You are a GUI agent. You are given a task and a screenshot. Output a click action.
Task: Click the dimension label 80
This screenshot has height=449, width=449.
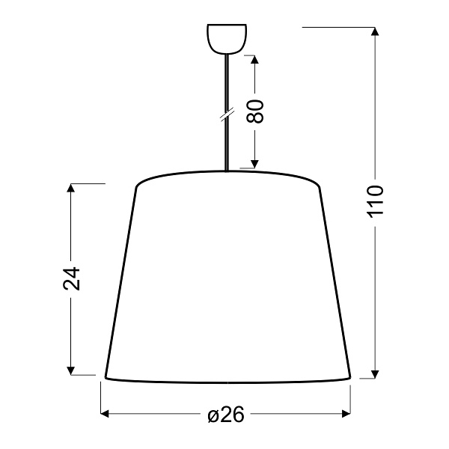[256, 112]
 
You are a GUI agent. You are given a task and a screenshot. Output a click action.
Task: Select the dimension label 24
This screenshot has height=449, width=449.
[71, 278]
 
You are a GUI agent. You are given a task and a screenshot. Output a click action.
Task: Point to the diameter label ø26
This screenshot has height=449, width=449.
[226, 415]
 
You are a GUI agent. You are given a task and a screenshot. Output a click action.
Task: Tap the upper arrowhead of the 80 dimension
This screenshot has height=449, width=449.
[256, 61]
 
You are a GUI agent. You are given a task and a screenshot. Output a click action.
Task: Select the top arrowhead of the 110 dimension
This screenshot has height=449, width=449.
[376, 32]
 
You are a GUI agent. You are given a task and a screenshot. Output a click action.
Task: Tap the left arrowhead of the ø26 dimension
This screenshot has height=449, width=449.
[106, 413]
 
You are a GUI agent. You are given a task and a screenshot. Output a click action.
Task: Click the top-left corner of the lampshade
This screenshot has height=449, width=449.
[136, 186]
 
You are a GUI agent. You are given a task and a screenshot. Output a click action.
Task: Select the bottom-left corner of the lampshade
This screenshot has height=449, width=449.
[104, 376]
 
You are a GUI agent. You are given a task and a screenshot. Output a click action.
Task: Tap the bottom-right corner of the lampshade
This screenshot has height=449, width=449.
[350, 376]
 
